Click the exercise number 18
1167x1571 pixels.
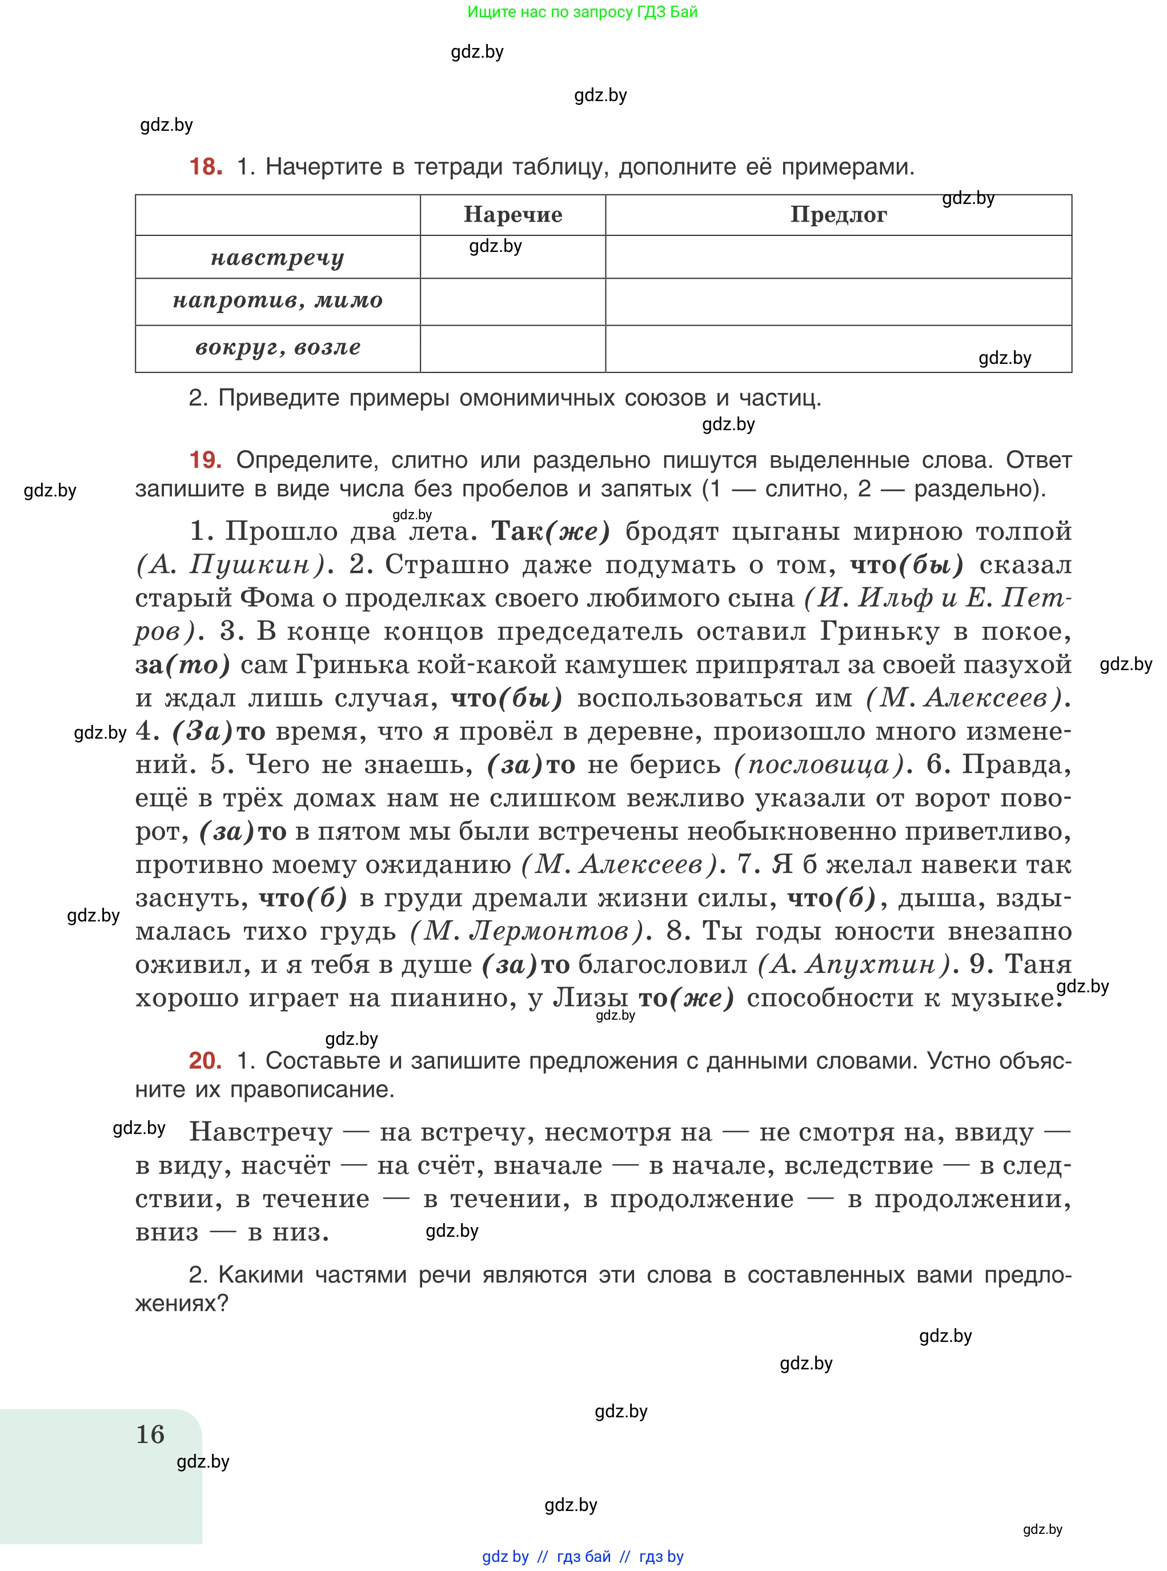coord(205,167)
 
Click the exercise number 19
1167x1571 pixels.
coord(205,460)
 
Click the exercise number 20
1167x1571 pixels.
coord(205,1060)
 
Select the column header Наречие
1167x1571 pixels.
coord(513,215)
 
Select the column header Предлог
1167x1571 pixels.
coord(839,215)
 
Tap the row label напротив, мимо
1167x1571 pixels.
coord(278,302)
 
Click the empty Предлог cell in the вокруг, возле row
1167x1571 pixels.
coord(839,348)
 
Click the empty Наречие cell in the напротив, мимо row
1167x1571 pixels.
coord(513,302)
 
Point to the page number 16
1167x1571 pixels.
coord(150,1434)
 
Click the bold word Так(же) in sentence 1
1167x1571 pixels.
coord(550,531)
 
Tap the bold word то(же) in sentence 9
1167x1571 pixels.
coord(686,997)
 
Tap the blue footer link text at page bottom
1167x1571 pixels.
coord(582,1556)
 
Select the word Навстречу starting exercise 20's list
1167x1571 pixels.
coord(260,1132)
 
